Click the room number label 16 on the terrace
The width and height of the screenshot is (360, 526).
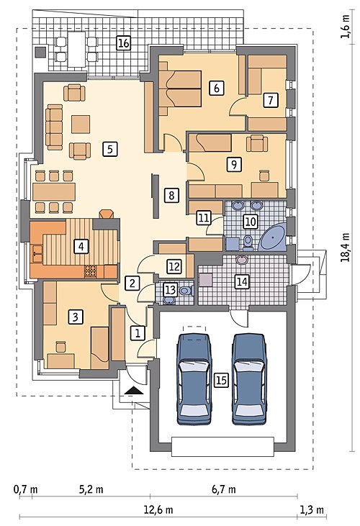click(x=123, y=43)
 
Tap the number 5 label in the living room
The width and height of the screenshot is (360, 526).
click(x=110, y=149)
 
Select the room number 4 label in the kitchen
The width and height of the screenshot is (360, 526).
click(x=81, y=247)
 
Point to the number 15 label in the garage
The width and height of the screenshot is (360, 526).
click(x=222, y=380)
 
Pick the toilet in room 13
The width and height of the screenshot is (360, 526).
click(x=186, y=290)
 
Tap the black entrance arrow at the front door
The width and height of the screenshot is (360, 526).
click(x=133, y=391)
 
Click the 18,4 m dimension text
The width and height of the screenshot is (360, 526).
click(x=346, y=248)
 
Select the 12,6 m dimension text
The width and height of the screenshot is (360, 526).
click(x=158, y=510)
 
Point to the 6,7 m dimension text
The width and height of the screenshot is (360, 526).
click(x=223, y=489)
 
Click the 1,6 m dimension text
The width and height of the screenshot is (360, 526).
click(x=346, y=27)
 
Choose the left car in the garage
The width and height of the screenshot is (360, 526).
click(x=194, y=379)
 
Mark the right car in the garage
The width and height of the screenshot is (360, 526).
click(x=250, y=379)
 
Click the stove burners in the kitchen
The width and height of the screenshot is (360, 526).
click(x=90, y=271)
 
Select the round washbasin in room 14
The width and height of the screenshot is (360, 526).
click(x=242, y=260)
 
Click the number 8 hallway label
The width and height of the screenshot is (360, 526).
click(x=171, y=195)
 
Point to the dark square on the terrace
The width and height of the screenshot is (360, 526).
click(x=41, y=53)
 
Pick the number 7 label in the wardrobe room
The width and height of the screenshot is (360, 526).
click(x=271, y=100)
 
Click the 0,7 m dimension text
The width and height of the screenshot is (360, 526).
click(x=25, y=489)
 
